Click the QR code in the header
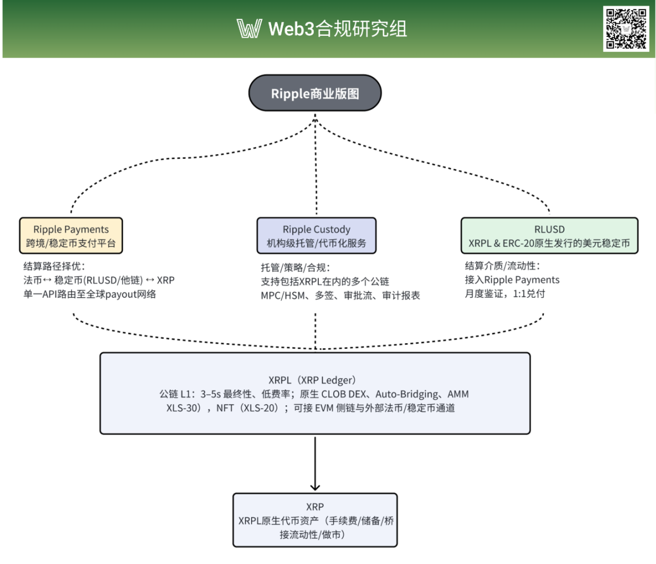[626, 28]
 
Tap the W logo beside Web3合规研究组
[249, 28]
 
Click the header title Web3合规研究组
[338, 28]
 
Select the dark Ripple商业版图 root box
[315, 93]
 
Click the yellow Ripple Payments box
[71, 236]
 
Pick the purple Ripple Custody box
[316, 236]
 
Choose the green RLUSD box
[549, 236]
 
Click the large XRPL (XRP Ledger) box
[315, 393]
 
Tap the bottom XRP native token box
[315, 520]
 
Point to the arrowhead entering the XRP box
[315, 487]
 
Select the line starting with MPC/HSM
[339, 295]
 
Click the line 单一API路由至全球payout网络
[89, 294]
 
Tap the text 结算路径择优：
[54, 266]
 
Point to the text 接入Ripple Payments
[512, 280]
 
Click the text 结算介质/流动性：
[501, 266]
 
